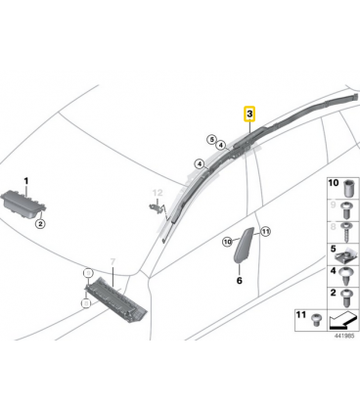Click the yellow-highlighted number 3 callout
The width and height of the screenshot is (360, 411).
pos(249,114)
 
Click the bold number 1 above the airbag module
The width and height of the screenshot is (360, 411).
pos(26,181)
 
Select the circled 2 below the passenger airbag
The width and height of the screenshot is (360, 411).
pos(40,224)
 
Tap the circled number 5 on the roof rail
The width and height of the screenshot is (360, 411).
pos(212,140)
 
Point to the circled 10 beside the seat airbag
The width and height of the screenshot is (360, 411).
pos(228,242)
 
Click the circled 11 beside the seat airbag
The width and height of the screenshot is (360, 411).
pos(266,232)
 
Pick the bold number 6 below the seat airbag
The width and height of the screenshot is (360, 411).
pos(240,280)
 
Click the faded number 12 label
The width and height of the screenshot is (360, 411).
pos(157,193)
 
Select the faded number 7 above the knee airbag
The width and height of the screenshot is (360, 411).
pos(112,261)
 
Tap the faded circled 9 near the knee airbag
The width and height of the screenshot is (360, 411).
pos(87,272)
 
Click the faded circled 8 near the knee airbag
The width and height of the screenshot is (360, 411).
pos(86,303)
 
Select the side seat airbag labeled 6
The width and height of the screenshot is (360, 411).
pos(244,244)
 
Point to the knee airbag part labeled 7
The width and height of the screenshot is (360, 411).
pos(115,298)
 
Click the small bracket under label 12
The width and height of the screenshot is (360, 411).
pos(156,206)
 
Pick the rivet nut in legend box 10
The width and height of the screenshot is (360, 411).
pos(348,189)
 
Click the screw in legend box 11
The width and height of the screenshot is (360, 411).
pos(315,319)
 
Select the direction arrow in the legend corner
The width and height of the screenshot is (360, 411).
pos(342,320)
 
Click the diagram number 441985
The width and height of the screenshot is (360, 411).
pos(345,336)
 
